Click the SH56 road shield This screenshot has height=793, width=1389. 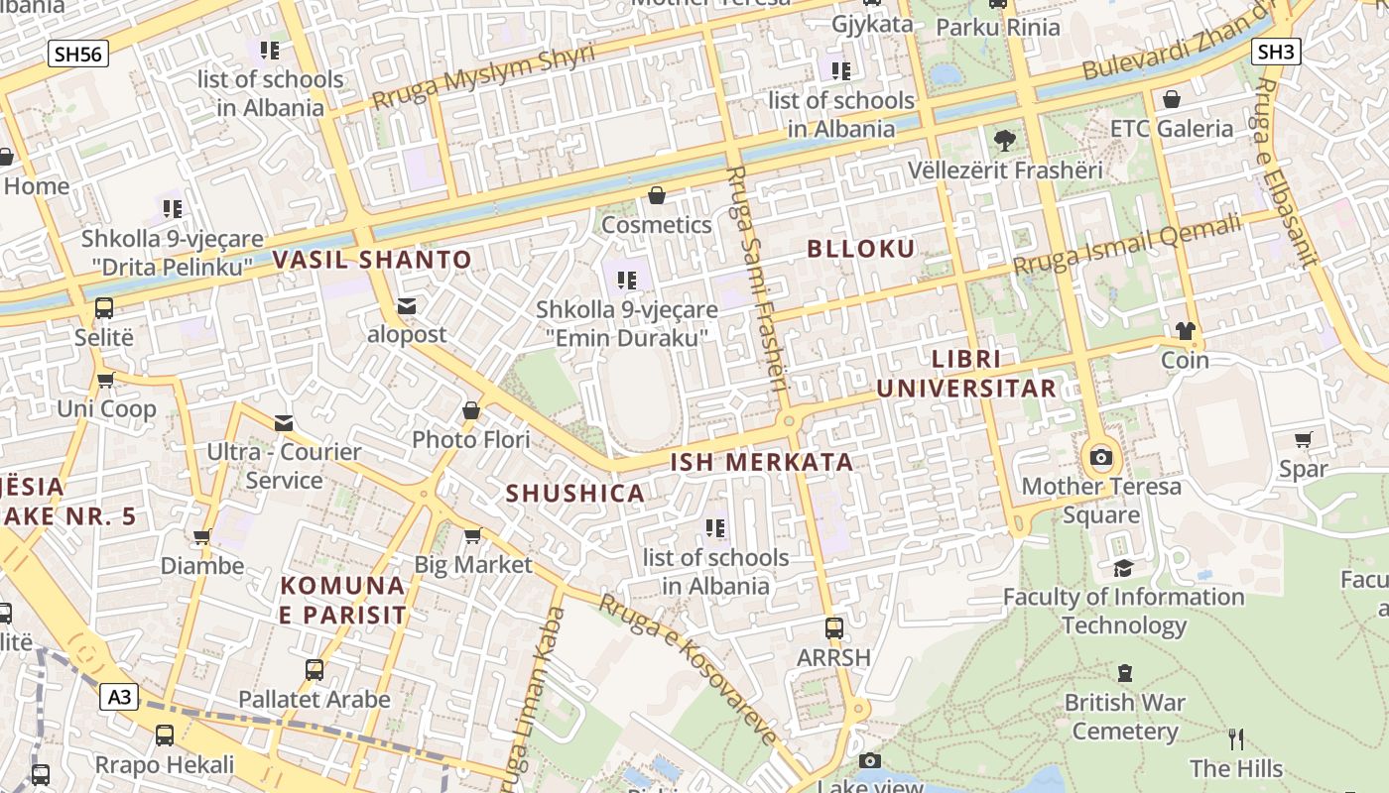coord(78,54)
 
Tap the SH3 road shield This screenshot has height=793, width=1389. coord(1276,52)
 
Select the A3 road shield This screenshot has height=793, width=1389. coord(119,697)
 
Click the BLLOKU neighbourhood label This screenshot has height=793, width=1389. coord(861,249)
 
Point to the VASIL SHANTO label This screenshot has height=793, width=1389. coord(372,261)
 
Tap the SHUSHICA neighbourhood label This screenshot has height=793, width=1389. coord(575,493)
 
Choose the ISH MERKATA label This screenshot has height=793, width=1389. coord(762,462)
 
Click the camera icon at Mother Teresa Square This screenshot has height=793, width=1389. coord(1101,457)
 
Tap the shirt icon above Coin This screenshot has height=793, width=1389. coord(1186,331)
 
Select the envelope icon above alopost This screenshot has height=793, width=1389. coord(407,306)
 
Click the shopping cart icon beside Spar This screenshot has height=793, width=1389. coord(1304,439)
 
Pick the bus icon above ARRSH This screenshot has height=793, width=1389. coord(834,628)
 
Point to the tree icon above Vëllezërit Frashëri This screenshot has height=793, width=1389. coord(1005,141)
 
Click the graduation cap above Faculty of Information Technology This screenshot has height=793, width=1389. coord(1123,568)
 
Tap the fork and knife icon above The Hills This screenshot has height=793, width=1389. coord(1236,738)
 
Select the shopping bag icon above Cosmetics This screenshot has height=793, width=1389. coord(656,196)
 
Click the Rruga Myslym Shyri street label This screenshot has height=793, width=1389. coord(483,76)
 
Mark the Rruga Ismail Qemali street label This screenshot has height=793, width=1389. coord(1127,245)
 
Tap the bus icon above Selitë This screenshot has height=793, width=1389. coord(104,308)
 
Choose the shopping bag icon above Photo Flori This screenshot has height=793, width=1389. coord(471,410)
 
